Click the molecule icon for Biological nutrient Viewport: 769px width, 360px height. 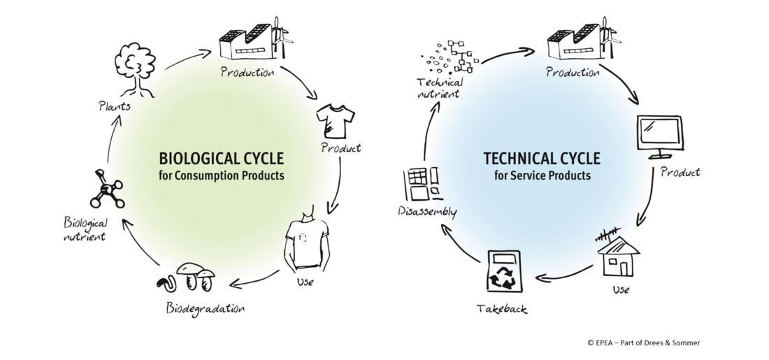[106, 191]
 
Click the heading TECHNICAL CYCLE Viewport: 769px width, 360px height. [542, 158]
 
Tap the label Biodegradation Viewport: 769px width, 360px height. [206, 308]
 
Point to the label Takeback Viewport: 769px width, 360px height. [501, 308]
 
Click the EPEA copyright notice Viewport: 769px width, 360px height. [643, 343]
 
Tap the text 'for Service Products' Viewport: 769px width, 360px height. [542, 175]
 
